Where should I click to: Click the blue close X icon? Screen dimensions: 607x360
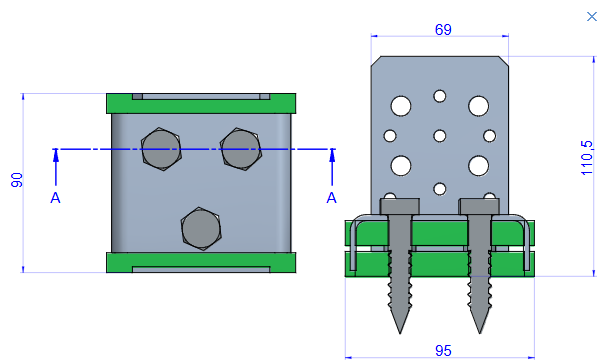592,17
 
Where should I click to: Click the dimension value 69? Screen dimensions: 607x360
443,29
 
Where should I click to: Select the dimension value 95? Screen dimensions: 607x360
443,351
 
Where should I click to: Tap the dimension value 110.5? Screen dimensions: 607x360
587,158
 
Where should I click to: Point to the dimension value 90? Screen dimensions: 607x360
17,180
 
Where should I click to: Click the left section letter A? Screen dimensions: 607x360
55,198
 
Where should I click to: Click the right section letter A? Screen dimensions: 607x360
331,198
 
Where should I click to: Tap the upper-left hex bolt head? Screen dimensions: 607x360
161,149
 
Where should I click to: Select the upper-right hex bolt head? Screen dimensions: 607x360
241,149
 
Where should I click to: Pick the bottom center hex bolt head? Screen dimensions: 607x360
201,228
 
